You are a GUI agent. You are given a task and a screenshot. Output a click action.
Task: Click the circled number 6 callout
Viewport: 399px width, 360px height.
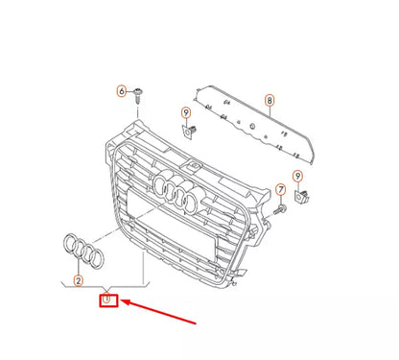[x=122, y=91]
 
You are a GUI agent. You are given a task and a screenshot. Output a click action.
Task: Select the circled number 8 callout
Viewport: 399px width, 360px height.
[x=270, y=100]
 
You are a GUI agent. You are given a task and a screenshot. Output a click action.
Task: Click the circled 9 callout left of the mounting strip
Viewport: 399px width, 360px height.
[x=187, y=114]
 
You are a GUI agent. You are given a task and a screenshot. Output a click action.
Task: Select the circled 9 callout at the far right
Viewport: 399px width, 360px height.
[x=297, y=176]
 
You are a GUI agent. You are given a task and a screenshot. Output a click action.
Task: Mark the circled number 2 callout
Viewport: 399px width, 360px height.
[x=79, y=279]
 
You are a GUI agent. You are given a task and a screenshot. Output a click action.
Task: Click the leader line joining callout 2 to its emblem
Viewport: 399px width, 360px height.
[x=79, y=268]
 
